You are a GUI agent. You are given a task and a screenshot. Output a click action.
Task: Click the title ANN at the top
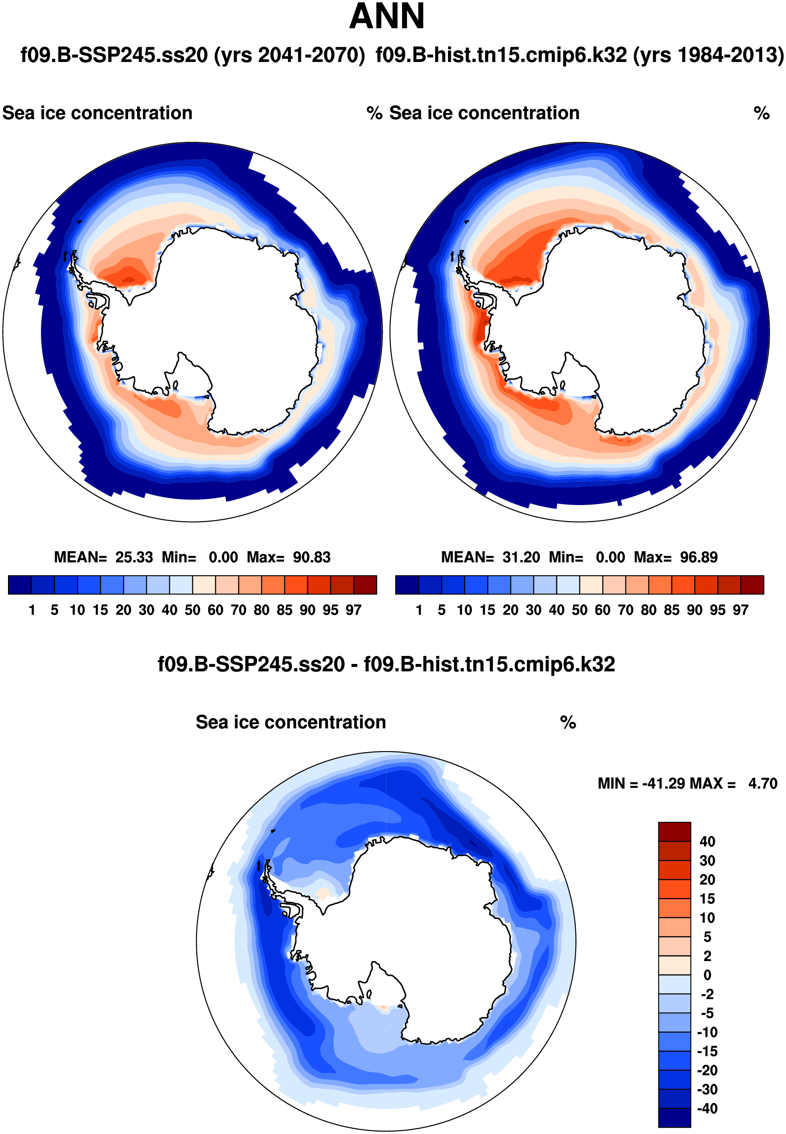(x=386, y=17)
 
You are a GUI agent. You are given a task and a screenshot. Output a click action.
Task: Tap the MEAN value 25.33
(x=134, y=557)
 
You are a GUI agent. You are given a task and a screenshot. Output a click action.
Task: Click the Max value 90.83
(x=311, y=557)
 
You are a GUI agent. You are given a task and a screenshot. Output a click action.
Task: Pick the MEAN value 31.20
(x=521, y=557)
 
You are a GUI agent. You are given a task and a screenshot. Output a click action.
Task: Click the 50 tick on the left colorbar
(x=193, y=610)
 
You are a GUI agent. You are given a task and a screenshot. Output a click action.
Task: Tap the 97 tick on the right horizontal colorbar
(x=740, y=610)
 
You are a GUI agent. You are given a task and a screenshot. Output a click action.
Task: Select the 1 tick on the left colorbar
(x=32, y=610)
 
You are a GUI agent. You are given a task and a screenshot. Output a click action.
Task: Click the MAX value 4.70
(x=762, y=783)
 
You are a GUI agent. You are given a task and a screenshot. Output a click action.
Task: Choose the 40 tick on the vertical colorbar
(x=707, y=841)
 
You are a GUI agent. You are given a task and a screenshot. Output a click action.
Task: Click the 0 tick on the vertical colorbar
(x=707, y=975)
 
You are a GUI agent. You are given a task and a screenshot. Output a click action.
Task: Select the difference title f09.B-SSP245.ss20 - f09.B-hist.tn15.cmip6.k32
(x=386, y=664)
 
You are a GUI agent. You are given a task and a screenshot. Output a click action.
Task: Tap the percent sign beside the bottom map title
(x=568, y=723)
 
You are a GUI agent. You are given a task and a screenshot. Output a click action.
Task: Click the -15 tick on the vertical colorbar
(x=707, y=1051)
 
